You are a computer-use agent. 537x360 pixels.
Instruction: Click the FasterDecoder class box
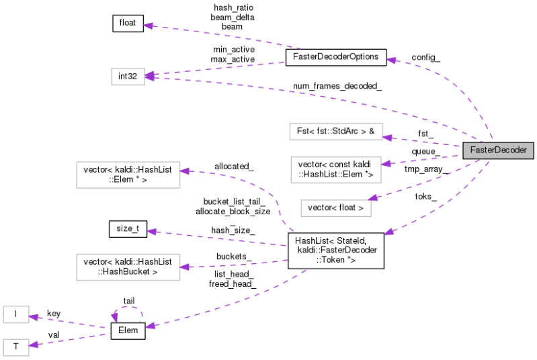[499, 150]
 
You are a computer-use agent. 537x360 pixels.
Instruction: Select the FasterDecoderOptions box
[336, 57]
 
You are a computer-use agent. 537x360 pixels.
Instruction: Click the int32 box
[128, 76]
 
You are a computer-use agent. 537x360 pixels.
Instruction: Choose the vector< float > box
[335, 208]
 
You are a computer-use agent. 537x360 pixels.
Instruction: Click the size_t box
[128, 229]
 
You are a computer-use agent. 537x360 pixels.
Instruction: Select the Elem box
[128, 330]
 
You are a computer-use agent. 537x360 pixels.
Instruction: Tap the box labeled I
[15, 314]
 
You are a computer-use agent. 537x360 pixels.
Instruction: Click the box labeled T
[15, 347]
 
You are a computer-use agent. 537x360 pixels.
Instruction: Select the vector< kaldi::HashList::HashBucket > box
[128, 266]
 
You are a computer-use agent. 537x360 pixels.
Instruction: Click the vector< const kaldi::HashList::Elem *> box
[334, 169]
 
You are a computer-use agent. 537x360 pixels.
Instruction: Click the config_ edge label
[425, 58]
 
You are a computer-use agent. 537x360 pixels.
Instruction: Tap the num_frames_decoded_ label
[337, 86]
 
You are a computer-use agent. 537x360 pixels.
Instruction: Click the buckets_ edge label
[234, 256]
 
